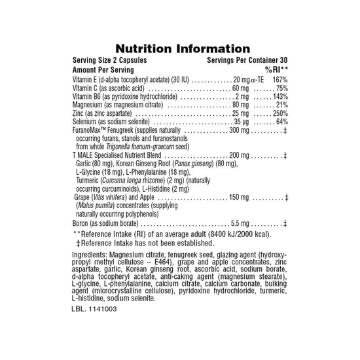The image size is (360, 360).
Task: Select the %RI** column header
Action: click(x=276, y=69)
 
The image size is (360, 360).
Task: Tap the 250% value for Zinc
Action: click(x=279, y=113)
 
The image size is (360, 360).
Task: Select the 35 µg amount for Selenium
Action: click(x=242, y=122)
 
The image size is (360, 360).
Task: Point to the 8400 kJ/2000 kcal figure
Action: click(x=237, y=234)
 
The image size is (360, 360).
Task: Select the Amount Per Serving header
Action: click(x=103, y=69)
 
